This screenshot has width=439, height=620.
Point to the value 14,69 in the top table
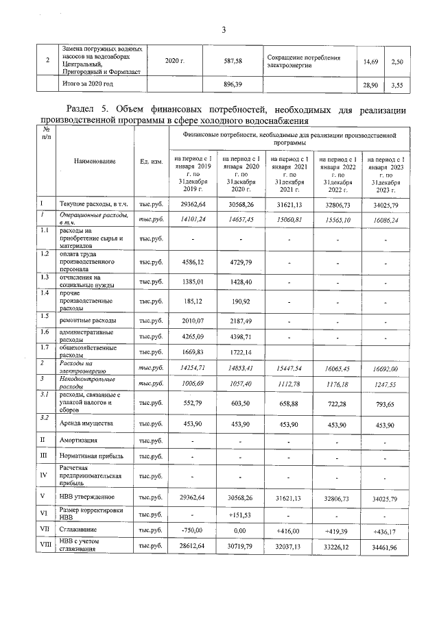(371, 62)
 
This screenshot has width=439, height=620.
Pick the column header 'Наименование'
(95, 162)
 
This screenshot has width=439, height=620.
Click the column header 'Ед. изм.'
(150, 162)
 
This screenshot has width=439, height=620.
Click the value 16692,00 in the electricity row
(382, 368)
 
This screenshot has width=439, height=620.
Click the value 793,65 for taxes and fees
(382, 403)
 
